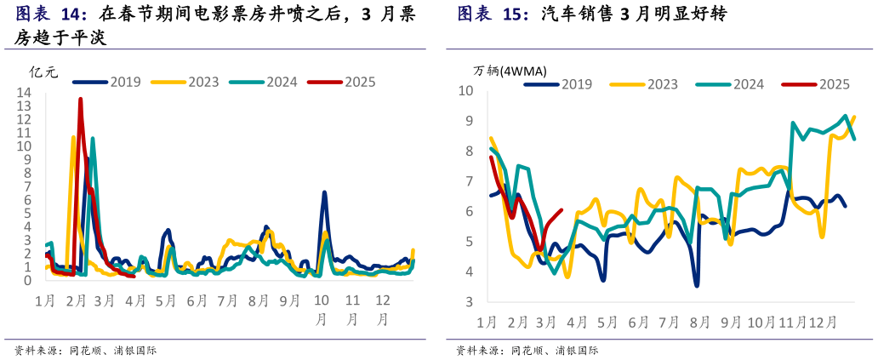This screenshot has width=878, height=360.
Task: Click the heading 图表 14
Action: tap(52, 15)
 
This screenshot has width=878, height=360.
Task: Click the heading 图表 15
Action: tap(493, 15)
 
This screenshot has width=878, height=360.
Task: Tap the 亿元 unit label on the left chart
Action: tap(43, 72)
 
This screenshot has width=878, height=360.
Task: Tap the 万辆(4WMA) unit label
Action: tap(510, 71)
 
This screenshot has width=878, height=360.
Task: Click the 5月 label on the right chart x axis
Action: tap(607, 323)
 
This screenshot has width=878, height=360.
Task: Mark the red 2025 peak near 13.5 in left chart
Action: tap(80, 99)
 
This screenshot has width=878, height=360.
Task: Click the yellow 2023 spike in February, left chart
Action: tap(73, 137)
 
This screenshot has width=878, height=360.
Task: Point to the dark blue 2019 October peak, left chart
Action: tap(324, 192)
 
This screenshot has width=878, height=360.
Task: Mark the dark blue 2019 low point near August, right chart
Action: tap(696, 285)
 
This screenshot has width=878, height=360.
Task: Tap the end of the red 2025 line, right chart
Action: tap(561, 210)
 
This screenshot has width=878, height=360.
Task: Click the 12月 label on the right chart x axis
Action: tap(821, 323)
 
